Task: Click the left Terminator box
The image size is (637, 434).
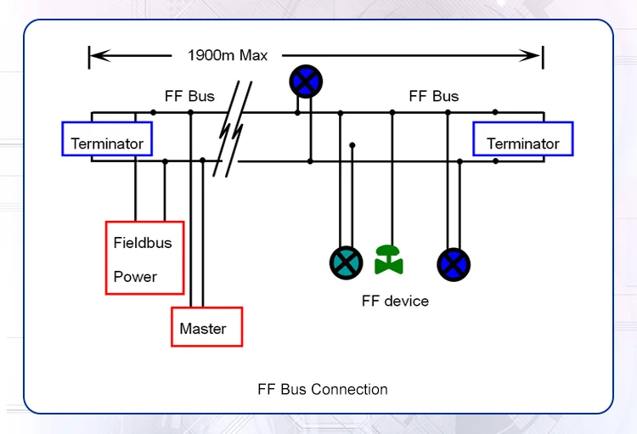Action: [x=107, y=139]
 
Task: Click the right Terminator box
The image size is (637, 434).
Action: [x=523, y=139]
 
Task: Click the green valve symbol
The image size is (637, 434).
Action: [x=389, y=260]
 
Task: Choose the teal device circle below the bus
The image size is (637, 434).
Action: [x=347, y=262]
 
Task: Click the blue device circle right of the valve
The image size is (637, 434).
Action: [x=454, y=265]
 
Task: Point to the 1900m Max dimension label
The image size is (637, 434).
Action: [x=228, y=56]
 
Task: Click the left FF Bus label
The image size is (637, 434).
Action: [x=189, y=96]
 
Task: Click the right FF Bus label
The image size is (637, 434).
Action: [x=434, y=96]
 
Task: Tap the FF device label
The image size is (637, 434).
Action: [x=395, y=301]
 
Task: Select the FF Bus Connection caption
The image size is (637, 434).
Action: [x=323, y=390]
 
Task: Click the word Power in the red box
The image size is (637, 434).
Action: [x=136, y=277]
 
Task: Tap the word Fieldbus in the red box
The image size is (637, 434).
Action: [x=143, y=243]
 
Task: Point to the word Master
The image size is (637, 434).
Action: [x=203, y=329]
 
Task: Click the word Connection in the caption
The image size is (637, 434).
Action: [x=349, y=390]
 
